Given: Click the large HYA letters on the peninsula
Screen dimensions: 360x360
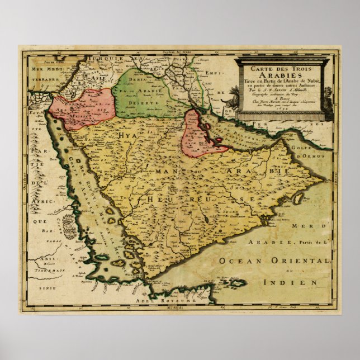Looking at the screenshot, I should pyautogui.click(x=119, y=136).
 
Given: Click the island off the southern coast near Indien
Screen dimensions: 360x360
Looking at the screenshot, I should pyautogui.click(x=237, y=283).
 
